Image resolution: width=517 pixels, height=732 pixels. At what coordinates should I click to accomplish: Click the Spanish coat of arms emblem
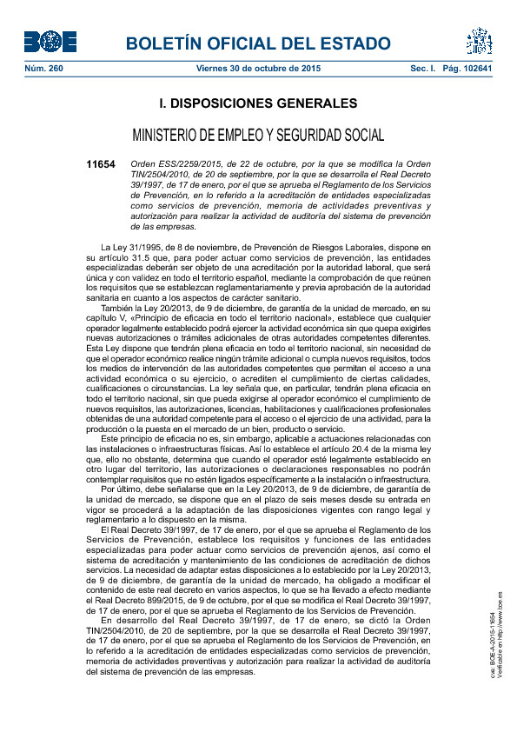pos(479,41)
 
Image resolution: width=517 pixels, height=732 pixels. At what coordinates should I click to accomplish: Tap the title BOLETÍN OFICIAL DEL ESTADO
pos(258,44)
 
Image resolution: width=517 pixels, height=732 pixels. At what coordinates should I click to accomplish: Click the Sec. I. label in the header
pos(423,68)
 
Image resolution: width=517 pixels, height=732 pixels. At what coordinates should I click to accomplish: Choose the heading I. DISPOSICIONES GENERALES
pos(258,103)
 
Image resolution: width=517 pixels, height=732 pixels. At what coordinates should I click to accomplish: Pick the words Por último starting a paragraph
pos(121,490)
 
